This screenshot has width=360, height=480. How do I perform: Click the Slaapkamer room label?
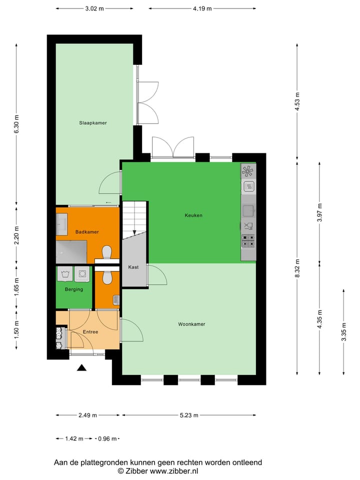(92, 122)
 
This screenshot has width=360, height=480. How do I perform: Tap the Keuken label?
(193, 215)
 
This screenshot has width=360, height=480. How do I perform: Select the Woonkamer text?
(191, 324)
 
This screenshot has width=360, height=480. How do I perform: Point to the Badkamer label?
(87, 232)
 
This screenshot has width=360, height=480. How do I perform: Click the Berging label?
(74, 289)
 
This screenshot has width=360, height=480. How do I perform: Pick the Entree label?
(90, 332)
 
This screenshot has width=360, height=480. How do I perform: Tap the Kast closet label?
(133, 267)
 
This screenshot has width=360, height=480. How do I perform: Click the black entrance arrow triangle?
(82, 368)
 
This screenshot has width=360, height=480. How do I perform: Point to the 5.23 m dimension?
(189, 415)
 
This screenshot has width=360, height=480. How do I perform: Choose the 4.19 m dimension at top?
(202, 8)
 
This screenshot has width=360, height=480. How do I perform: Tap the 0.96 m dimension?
(107, 439)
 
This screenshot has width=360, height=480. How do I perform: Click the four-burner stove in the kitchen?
(248, 241)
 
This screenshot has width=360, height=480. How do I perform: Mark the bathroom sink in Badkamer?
(62, 224)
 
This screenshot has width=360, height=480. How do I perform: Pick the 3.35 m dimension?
(343, 331)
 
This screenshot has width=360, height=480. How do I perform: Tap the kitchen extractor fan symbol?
(248, 171)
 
